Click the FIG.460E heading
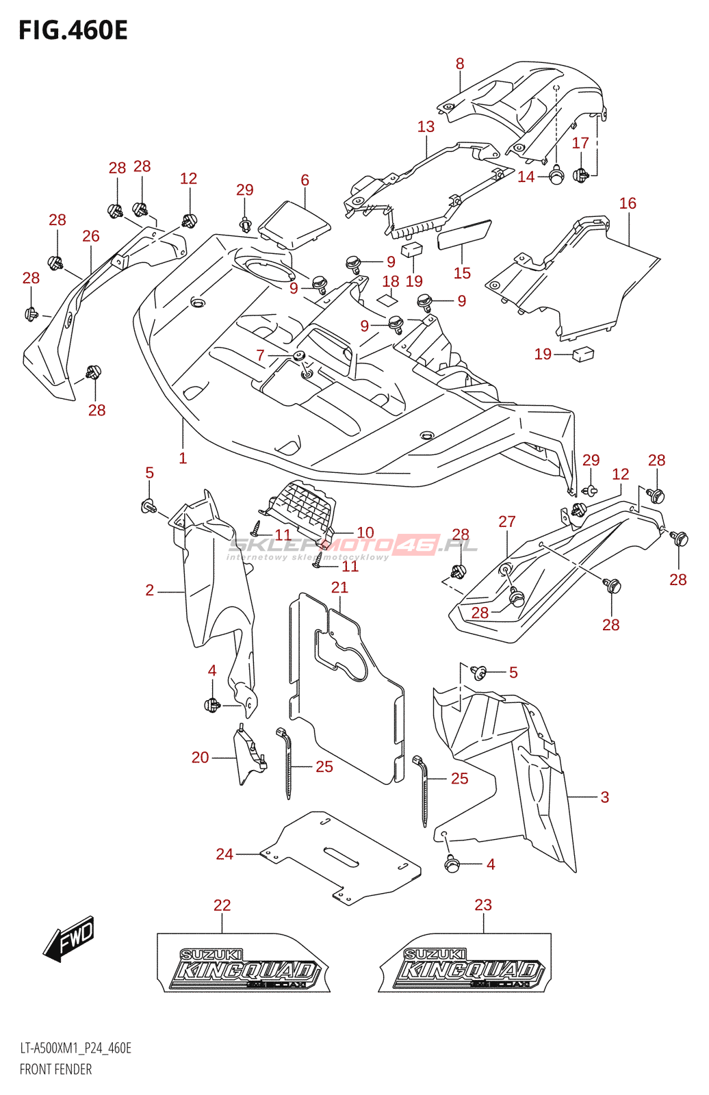[73, 31]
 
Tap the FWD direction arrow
[69, 938]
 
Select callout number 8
[460, 64]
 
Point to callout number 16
[628, 203]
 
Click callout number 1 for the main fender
[183, 459]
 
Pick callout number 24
[224, 854]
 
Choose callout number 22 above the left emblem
[222, 905]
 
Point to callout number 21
[339, 587]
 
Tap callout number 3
[604, 797]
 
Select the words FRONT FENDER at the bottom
[55, 1069]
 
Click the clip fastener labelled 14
[556, 177]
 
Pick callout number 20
[200, 758]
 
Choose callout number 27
[506, 521]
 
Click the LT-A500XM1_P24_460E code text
[75, 1048]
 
